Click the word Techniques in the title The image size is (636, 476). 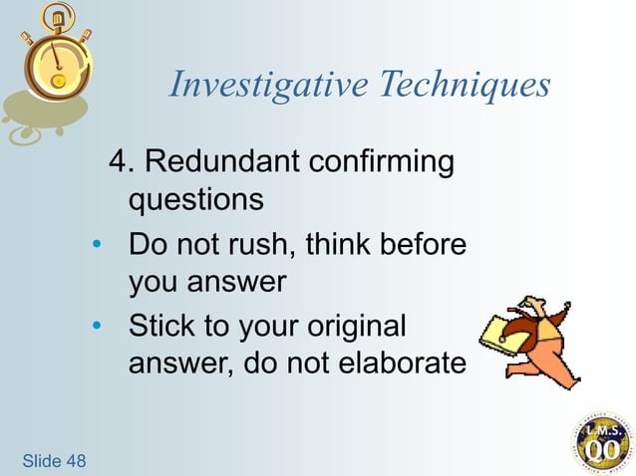click(466, 86)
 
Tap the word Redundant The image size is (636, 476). click(231, 160)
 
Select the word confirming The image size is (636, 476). click(383, 160)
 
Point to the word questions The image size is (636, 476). click(195, 200)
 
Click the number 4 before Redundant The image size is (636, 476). click(121, 160)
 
